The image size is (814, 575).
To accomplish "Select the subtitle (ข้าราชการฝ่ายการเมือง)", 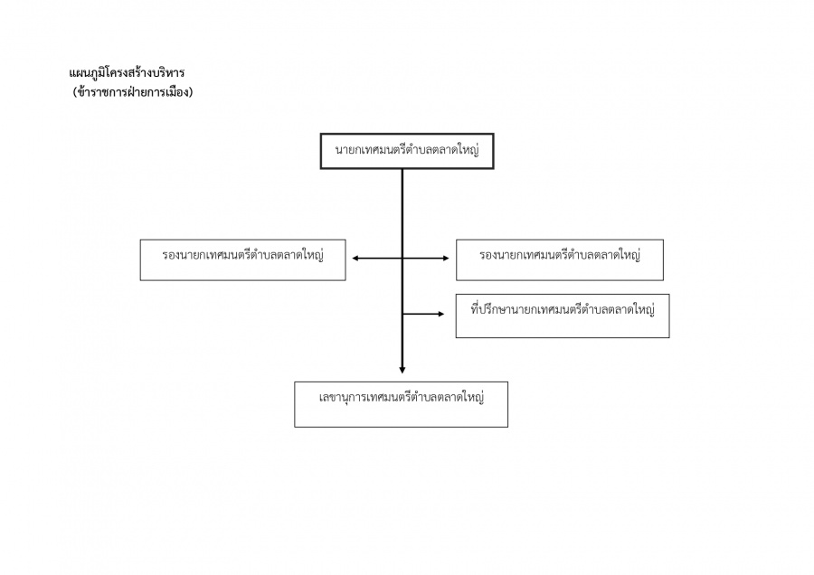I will [x=133, y=91].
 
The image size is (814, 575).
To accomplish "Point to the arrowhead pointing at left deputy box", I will [x=355, y=259].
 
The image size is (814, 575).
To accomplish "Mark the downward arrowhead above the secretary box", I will [x=402, y=369].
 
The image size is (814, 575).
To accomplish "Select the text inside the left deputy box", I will [x=242, y=255].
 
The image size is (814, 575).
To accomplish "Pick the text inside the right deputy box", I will [x=560, y=255].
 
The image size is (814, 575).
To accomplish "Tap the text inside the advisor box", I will [x=563, y=309].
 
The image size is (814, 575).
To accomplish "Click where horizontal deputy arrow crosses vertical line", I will [x=402, y=259].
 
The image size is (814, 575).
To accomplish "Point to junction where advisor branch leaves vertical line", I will [x=402, y=314].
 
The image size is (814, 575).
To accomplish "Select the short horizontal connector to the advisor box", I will [x=421, y=314].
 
